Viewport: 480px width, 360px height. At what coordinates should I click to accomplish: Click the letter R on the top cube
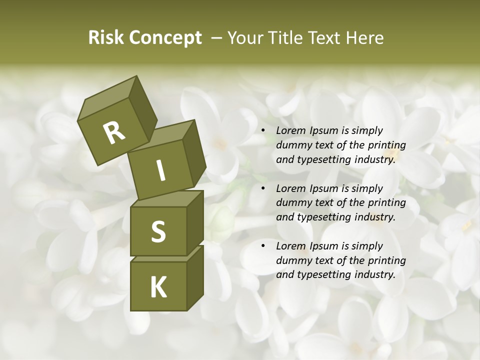pos(114,133)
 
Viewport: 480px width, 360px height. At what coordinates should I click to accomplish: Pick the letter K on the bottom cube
pos(158,287)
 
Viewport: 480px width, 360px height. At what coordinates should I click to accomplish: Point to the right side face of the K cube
pos(195,277)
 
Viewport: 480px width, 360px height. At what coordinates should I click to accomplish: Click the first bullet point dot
pos(263,130)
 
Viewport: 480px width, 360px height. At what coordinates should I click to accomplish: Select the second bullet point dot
pos(263,188)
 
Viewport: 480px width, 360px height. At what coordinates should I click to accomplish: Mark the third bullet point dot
pos(263,246)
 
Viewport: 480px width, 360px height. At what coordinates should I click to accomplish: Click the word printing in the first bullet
pos(387,145)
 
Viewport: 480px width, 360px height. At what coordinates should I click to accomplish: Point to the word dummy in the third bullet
pos(292,260)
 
